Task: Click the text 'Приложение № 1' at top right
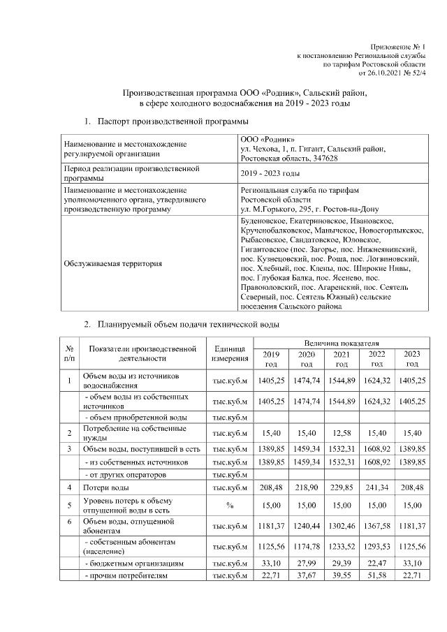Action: [397, 44]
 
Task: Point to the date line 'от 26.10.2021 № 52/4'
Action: [392, 72]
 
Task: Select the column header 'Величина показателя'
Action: [341, 344]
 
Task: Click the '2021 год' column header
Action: [341, 359]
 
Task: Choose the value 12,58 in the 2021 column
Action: [341, 434]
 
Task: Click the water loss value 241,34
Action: [376, 487]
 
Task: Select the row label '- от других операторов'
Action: [126, 474]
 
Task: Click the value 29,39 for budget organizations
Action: [341, 562]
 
